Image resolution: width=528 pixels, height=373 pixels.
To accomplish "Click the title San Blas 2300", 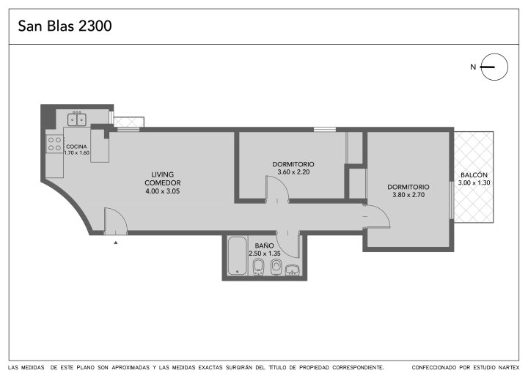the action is (x=65, y=26).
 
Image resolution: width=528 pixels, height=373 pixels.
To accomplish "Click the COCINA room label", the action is (x=76, y=147).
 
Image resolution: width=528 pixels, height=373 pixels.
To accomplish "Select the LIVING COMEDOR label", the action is (x=163, y=178).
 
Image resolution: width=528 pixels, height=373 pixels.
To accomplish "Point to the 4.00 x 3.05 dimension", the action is (x=163, y=191).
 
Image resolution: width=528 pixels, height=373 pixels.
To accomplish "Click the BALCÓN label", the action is (x=474, y=174).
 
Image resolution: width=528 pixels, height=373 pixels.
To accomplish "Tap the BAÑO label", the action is (x=264, y=245).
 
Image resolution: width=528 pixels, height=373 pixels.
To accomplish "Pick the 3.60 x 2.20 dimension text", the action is (x=293, y=172).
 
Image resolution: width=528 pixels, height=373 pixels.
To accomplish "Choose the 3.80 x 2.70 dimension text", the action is (x=408, y=195).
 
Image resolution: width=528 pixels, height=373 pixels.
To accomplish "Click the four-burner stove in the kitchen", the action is (x=54, y=144).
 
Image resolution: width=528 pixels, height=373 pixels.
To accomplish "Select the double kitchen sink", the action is (x=77, y=119).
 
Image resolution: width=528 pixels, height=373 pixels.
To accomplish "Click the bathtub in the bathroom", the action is (x=238, y=256).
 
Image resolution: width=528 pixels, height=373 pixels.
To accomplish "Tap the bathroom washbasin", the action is (x=293, y=270).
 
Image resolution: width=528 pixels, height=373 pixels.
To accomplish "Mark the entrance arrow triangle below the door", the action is (x=116, y=243).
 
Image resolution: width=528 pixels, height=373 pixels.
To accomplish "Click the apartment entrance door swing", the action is (x=116, y=221).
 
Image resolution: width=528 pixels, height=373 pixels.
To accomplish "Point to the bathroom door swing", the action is (x=288, y=244).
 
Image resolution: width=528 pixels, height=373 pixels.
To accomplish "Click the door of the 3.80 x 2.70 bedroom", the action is (x=377, y=216).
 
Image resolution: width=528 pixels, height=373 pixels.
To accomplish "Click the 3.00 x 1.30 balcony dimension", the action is (x=474, y=182).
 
